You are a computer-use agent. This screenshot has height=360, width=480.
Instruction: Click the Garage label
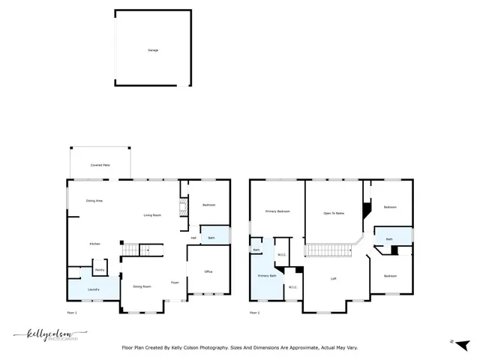coord(153,50)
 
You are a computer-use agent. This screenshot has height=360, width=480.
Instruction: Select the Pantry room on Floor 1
coord(99,268)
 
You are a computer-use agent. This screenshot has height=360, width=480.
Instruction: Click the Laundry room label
coord(94,289)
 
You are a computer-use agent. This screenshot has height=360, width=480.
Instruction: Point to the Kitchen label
coord(95,244)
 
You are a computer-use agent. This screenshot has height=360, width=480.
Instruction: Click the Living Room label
coord(153,215)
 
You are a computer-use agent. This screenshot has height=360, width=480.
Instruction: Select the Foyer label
coord(174,283)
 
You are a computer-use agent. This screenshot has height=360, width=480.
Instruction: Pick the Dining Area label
coord(94,201)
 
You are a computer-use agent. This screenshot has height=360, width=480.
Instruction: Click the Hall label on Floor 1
coord(193,238)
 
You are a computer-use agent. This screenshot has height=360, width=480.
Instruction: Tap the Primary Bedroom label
coord(277,211)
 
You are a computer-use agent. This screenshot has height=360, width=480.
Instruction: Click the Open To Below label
coord(334,213)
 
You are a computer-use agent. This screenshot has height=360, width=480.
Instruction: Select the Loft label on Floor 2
coord(334,278)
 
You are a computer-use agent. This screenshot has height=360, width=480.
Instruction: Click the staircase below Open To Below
coord(328,250)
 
